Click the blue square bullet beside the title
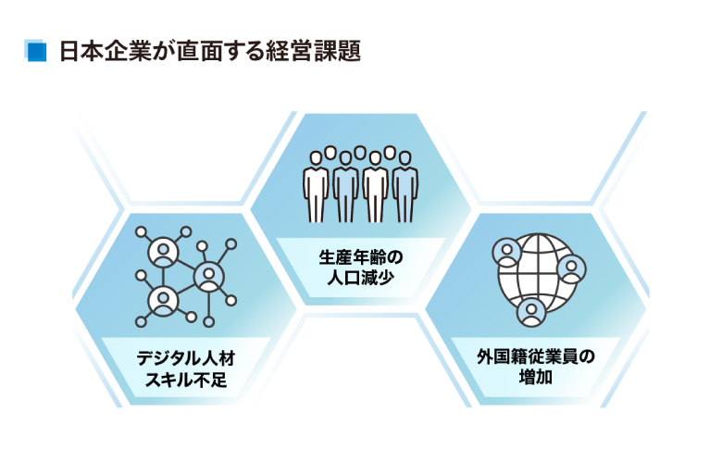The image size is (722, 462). pos(36,52)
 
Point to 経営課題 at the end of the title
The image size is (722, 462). pos(315,52)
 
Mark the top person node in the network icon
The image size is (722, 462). pos(166,251)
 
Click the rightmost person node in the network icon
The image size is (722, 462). pos(208,275)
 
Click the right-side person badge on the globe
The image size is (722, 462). pos(573,269)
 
